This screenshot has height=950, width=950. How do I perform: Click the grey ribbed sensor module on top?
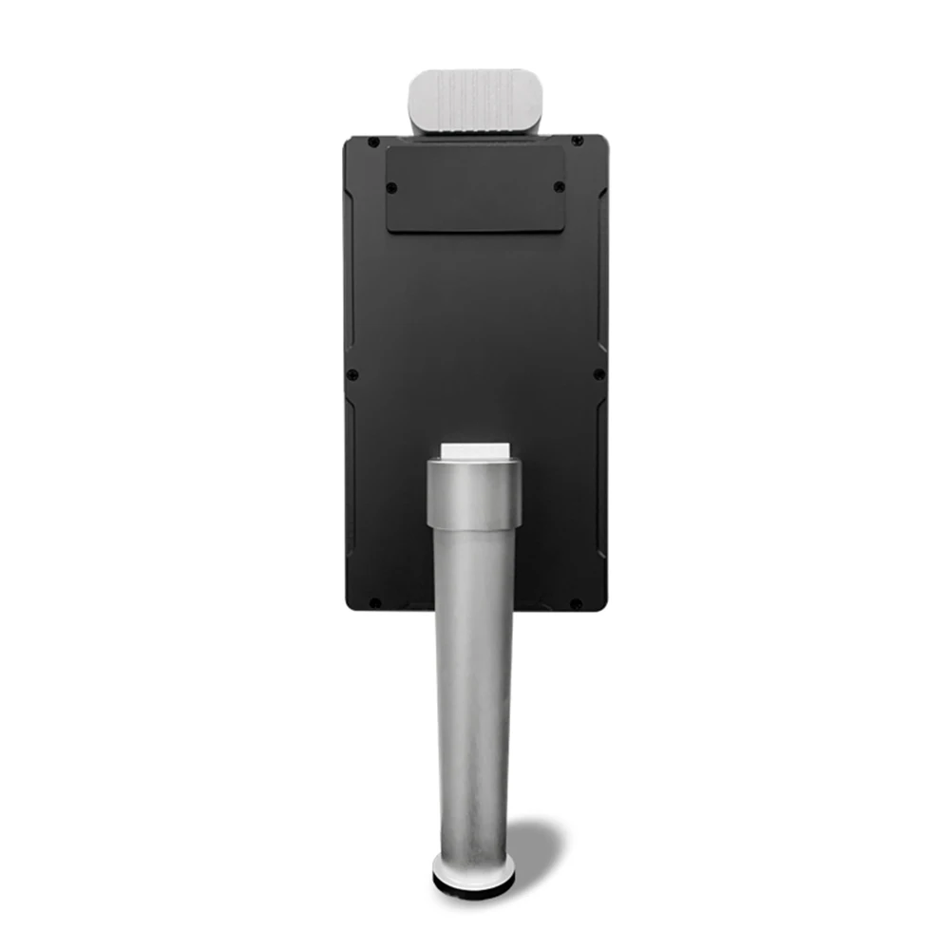point(471,101)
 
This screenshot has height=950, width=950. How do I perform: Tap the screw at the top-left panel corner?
point(373,142)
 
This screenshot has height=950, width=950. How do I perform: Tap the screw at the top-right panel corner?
point(577,142)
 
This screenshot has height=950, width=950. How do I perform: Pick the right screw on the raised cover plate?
point(559,186)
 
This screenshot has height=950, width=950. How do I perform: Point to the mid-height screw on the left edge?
point(352,374)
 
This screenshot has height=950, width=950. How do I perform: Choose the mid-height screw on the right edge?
point(598,374)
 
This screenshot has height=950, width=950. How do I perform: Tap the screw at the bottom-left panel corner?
point(373,602)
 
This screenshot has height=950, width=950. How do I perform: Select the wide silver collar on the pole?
point(474,492)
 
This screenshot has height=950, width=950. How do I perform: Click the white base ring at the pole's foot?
point(473,867)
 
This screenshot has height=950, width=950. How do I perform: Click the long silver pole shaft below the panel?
point(474,684)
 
